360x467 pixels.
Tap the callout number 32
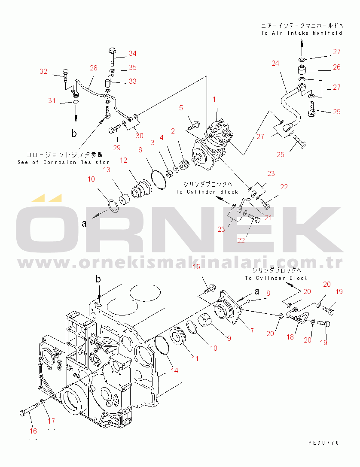tap(43, 72)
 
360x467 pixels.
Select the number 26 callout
tap(336, 67)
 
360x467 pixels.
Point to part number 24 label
tap(275, 63)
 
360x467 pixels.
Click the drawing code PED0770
tap(323, 443)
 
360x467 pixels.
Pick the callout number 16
tap(33, 431)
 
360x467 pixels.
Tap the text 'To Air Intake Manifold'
tap(302, 33)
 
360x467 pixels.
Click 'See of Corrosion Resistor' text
tap(64, 162)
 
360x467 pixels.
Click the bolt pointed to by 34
tap(112, 54)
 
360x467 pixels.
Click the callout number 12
tap(124, 160)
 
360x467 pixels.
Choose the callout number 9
tap(229, 338)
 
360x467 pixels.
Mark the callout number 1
tap(214, 99)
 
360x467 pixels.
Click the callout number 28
tap(94, 67)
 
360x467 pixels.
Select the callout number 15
tap(196, 267)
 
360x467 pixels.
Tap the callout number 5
tap(181, 107)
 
